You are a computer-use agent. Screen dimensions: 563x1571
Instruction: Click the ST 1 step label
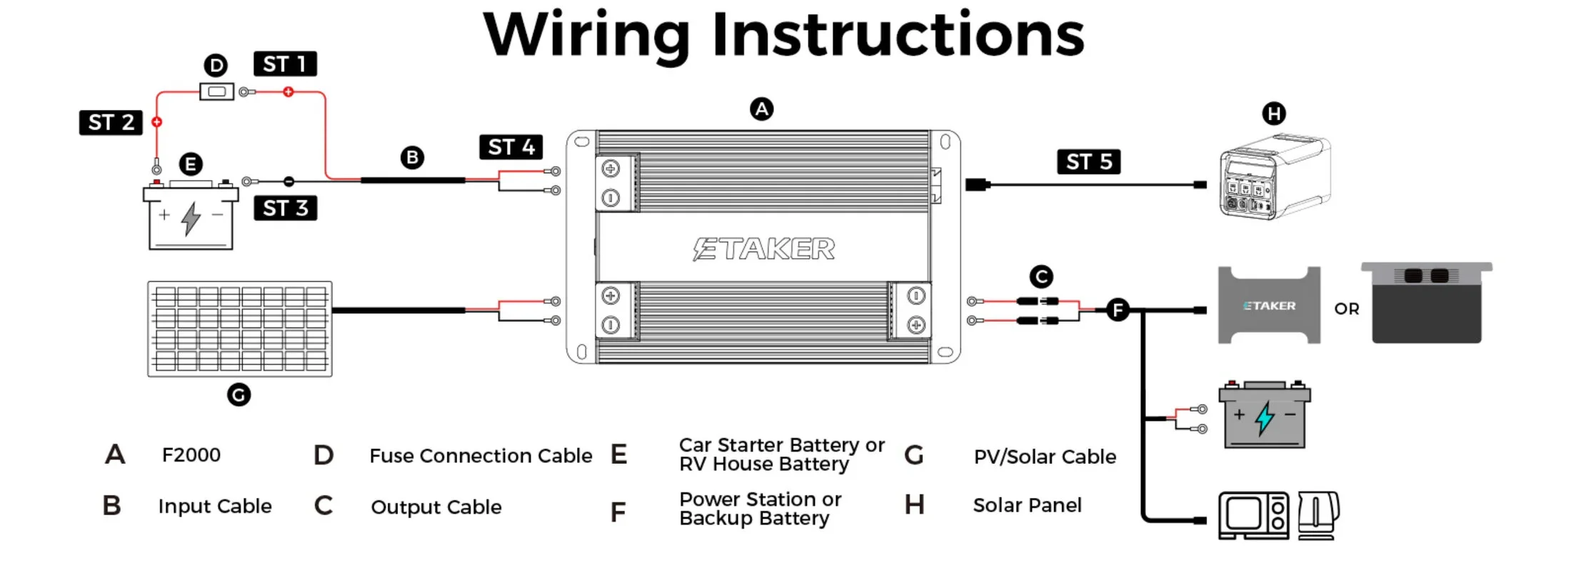285,64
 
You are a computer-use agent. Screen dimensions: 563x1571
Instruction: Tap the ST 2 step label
111,123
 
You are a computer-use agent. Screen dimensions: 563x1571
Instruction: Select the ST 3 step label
285,208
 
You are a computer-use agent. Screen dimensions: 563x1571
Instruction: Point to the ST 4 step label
511,147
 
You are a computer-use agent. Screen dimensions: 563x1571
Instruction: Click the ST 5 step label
1088,162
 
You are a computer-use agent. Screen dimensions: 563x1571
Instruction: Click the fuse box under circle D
216,91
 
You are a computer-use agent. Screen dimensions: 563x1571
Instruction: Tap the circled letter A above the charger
762,109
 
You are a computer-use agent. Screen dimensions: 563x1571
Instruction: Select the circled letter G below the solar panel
239,394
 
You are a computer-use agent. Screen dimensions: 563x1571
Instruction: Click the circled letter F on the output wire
1118,310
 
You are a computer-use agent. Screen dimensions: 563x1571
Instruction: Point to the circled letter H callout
1274,113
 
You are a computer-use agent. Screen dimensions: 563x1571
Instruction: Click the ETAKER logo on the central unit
763,249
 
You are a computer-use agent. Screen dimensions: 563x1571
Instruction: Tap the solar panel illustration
239,329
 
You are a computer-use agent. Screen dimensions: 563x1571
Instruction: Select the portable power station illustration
1274,177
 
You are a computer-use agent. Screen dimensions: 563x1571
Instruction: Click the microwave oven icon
1253,515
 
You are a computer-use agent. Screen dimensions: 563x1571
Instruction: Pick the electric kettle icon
1317,515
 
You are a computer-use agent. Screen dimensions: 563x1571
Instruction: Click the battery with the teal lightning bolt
1264,416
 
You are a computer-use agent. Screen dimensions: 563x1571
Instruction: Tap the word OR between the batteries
1347,309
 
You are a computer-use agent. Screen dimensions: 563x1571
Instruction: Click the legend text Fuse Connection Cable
481,456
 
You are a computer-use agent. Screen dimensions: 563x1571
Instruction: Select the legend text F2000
191,455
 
